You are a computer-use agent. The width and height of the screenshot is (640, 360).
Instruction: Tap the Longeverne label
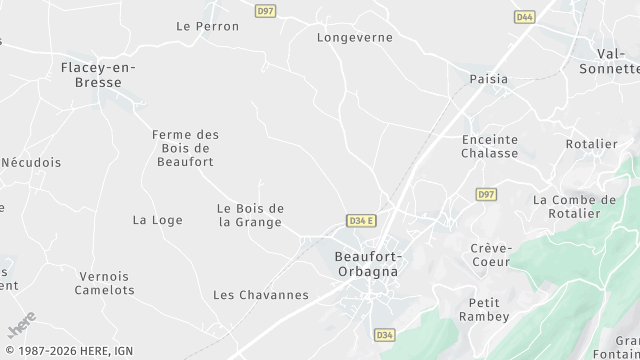(354, 37)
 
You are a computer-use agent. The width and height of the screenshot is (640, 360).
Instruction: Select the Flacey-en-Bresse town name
(98, 74)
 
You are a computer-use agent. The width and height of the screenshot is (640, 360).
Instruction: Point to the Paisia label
(489, 78)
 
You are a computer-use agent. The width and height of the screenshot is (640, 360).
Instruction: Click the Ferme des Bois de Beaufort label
(185, 148)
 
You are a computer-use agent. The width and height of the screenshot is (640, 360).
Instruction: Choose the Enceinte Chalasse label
(490, 146)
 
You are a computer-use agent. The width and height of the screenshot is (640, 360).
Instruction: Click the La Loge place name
(157, 219)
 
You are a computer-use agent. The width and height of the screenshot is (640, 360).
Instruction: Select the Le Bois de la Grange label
(250, 215)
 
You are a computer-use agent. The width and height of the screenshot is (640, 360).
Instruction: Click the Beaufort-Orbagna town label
(366, 263)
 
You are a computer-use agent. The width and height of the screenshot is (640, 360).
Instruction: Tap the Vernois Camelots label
(105, 283)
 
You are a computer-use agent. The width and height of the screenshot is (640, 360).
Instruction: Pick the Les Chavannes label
(261, 294)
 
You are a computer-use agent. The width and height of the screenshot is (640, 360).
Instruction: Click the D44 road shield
(524, 17)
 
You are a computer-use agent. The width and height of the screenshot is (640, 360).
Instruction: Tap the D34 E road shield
(361, 220)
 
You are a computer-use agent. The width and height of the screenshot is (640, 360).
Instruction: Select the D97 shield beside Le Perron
(265, 11)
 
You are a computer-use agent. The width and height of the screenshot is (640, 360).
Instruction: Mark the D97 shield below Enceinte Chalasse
(486, 194)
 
